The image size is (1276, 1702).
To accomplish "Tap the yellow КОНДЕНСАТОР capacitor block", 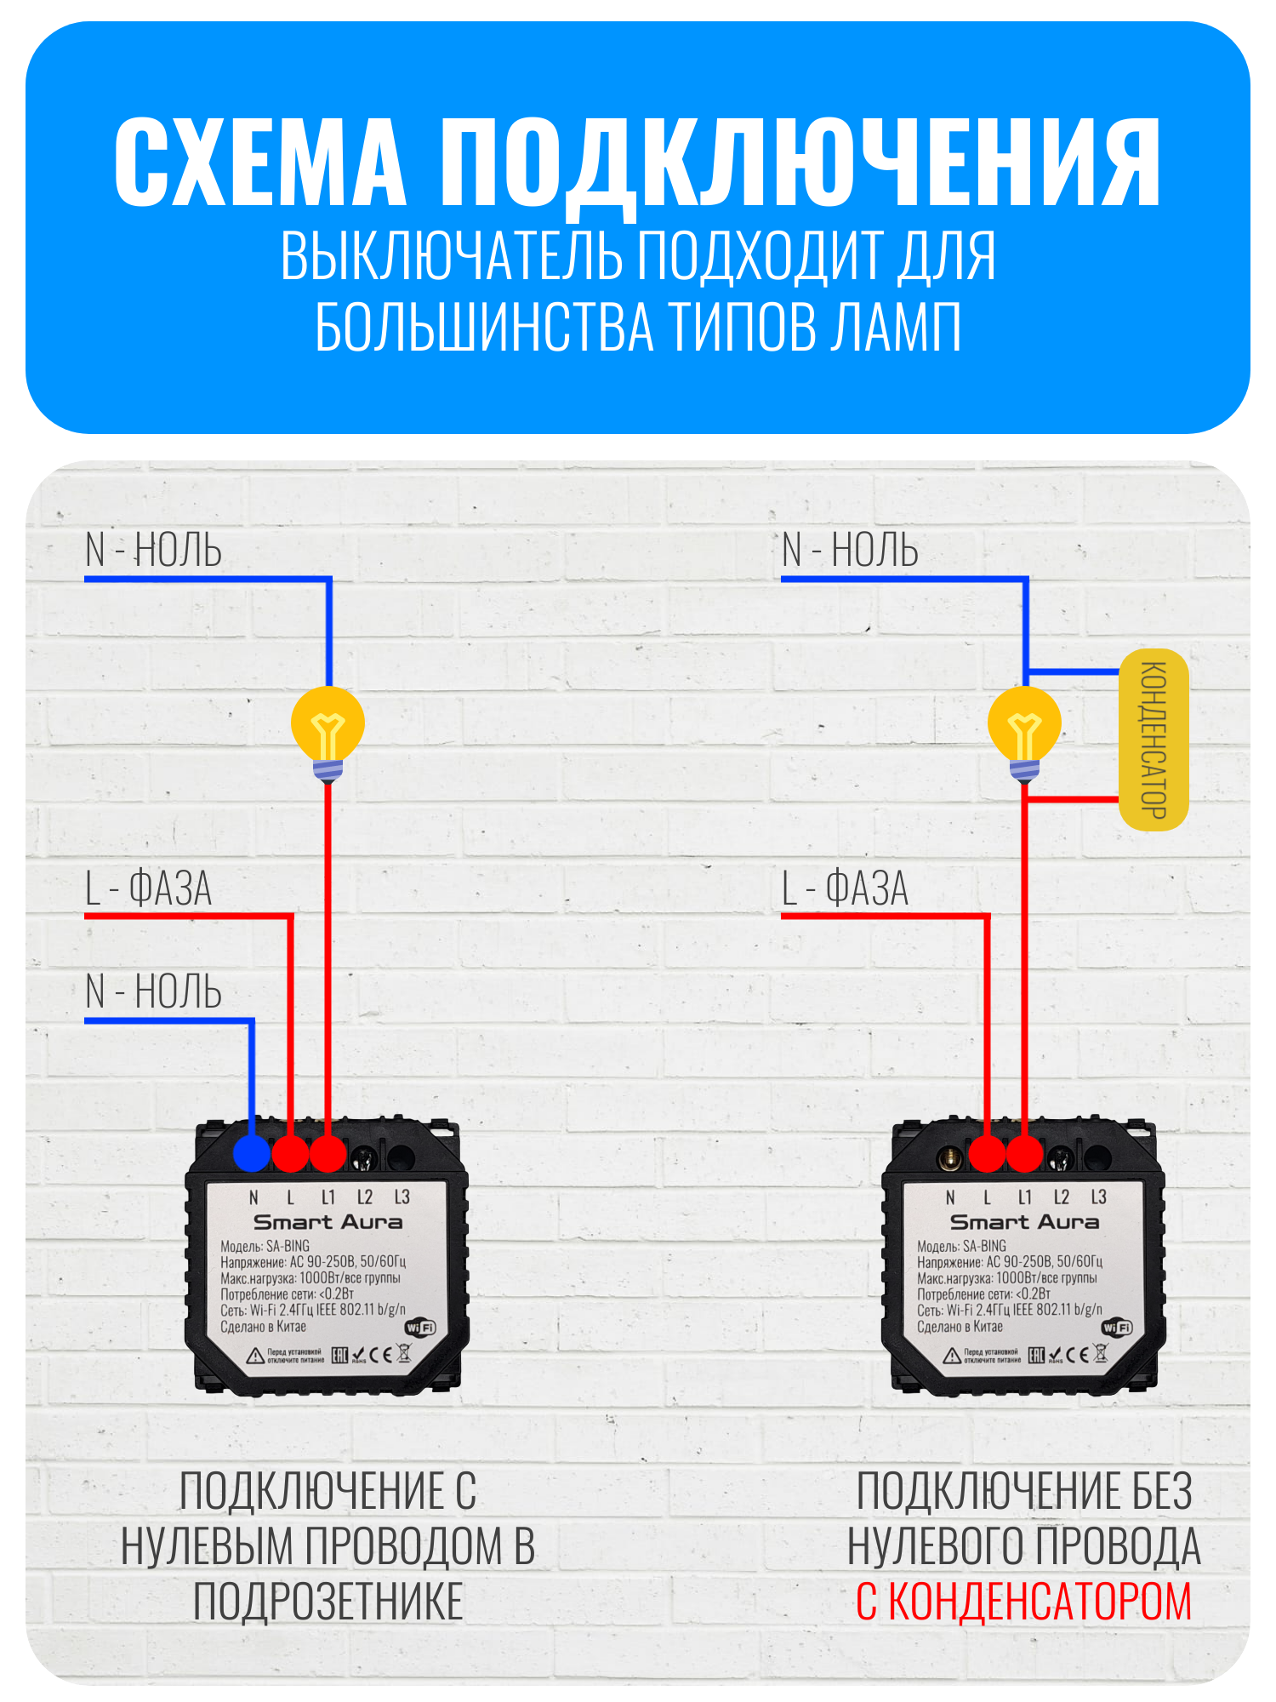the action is point(1154,740).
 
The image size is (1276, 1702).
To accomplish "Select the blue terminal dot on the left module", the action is point(251,1154).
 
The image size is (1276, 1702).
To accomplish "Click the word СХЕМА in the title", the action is point(260,163).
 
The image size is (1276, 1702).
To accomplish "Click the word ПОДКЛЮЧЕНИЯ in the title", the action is point(800,163).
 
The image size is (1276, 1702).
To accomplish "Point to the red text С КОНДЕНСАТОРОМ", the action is point(1023,1602).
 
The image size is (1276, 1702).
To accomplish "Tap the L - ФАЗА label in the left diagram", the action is point(149,888).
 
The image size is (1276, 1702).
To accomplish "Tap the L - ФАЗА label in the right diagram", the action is point(846,888).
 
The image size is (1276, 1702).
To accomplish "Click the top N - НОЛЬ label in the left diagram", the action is point(154,550).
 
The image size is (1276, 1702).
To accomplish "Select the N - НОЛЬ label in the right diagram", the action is point(851,550).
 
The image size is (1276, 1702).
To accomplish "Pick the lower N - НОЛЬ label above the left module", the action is point(154,992).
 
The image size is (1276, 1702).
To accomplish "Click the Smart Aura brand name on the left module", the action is point(328,1222).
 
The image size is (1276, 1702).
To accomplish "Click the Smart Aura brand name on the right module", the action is point(1024,1222).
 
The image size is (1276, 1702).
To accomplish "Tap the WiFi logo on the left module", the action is point(420,1328).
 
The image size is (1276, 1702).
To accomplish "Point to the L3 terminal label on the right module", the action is point(1098,1197).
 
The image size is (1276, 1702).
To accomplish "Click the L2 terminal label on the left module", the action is point(364,1197).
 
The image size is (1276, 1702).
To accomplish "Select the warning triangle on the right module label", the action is point(952,1356).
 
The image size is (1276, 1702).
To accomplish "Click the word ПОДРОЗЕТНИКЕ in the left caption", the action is point(328,1602).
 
